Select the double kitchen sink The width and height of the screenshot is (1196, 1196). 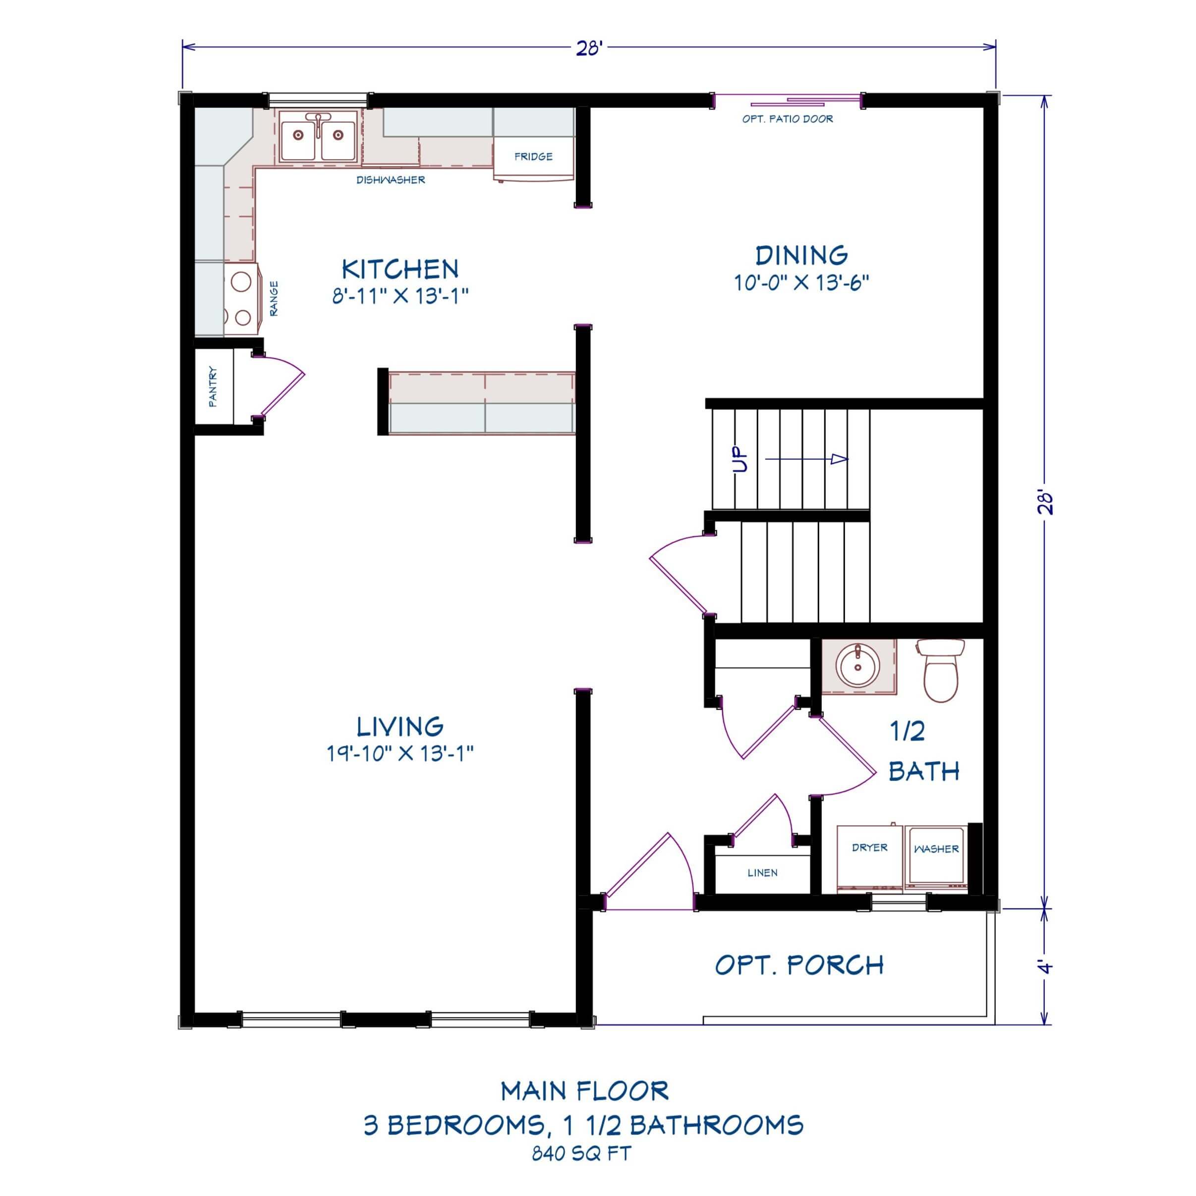pos(318,137)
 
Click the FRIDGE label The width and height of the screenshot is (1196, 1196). pos(533,157)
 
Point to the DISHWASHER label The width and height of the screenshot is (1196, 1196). pos(391,180)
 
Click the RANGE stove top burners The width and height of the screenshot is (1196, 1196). pos(241,299)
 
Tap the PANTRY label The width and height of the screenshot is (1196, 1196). pos(213,387)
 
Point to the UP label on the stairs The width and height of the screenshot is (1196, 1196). pos(740,460)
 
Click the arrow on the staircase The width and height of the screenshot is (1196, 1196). pos(806,458)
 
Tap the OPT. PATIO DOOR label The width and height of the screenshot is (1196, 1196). pos(788,119)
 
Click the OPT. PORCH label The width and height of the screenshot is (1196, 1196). pos(799,965)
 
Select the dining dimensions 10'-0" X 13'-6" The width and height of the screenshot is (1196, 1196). pos(801,283)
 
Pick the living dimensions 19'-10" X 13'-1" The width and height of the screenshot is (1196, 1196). pos(400,753)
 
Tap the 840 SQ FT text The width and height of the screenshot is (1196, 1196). pos(581,1154)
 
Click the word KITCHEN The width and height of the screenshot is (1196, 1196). pos(400,269)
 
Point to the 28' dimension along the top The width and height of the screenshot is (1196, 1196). pos(589,48)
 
